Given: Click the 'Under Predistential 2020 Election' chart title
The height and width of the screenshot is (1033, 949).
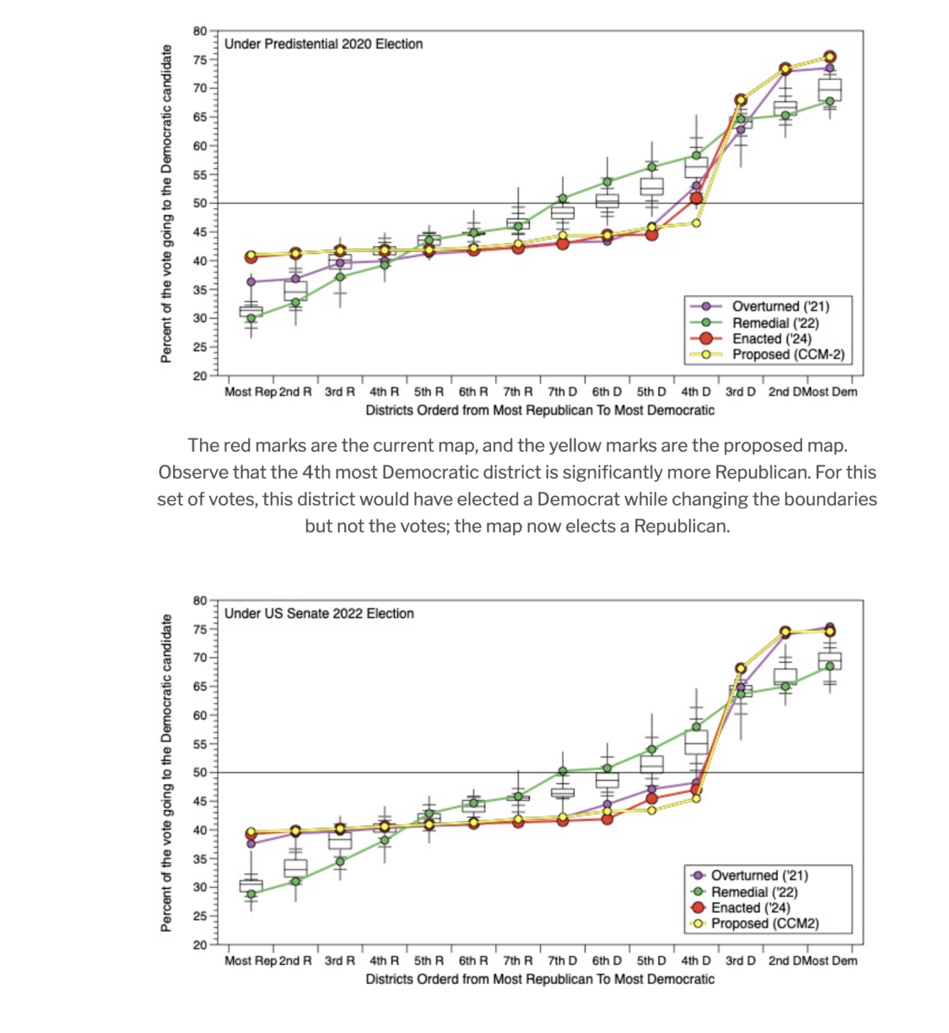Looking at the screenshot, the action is (x=323, y=44).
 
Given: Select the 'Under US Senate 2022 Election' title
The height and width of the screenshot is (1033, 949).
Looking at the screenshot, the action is (x=319, y=613).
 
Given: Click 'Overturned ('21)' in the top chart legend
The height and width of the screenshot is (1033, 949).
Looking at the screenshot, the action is (x=781, y=306).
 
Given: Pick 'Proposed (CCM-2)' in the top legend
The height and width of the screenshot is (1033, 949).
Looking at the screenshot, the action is (x=788, y=354).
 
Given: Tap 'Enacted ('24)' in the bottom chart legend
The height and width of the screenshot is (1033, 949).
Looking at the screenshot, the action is (x=751, y=907).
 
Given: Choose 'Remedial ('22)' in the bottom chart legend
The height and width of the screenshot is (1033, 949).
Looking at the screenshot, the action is (x=754, y=892).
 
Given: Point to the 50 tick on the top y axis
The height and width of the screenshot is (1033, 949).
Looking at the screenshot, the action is (x=200, y=203).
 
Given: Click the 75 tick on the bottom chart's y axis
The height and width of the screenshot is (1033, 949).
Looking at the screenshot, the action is (x=200, y=630).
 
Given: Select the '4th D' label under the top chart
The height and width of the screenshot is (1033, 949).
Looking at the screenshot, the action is (x=696, y=392).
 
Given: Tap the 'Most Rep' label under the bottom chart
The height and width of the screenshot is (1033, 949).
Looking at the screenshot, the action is (x=251, y=961).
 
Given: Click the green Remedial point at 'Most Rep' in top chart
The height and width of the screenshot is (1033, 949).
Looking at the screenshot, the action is (x=251, y=318).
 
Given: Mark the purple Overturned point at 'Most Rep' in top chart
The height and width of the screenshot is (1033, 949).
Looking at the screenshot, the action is (x=251, y=282).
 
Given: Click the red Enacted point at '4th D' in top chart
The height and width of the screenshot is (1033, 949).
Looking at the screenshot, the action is (x=696, y=199).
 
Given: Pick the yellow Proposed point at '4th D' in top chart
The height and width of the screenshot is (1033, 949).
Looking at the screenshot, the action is (x=696, y=223).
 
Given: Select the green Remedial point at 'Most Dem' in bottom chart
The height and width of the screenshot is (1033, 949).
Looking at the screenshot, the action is (x=830, y=666).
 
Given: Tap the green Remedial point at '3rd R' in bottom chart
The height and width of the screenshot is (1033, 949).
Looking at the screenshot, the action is (x=340, y=861).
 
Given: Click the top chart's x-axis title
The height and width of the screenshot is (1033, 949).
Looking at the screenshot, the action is (x=539, y=411).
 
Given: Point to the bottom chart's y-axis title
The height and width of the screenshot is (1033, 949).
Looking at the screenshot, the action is (x=166, y=773).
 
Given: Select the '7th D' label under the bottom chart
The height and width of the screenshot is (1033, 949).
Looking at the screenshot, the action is (x=562, y=961).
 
